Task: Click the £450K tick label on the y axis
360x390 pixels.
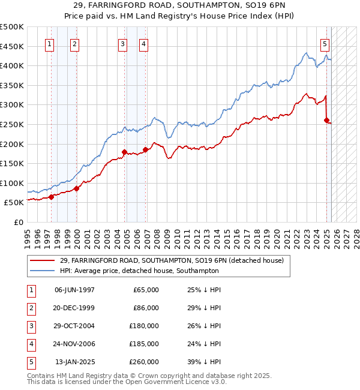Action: coord(12,46)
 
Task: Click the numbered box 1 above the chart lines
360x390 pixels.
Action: coord(49,43)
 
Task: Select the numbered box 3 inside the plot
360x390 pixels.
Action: coord(122,43)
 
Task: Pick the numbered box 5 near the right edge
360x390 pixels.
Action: coord(325,43)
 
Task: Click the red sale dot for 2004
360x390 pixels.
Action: coord(124,152)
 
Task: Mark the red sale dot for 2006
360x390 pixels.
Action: coord(145,149)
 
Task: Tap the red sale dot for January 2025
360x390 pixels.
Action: coord(326,120)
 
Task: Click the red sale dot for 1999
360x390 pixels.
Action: coord(76,188)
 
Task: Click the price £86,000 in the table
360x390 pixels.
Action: coord(146,308)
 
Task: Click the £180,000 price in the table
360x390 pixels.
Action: coord(144,326)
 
